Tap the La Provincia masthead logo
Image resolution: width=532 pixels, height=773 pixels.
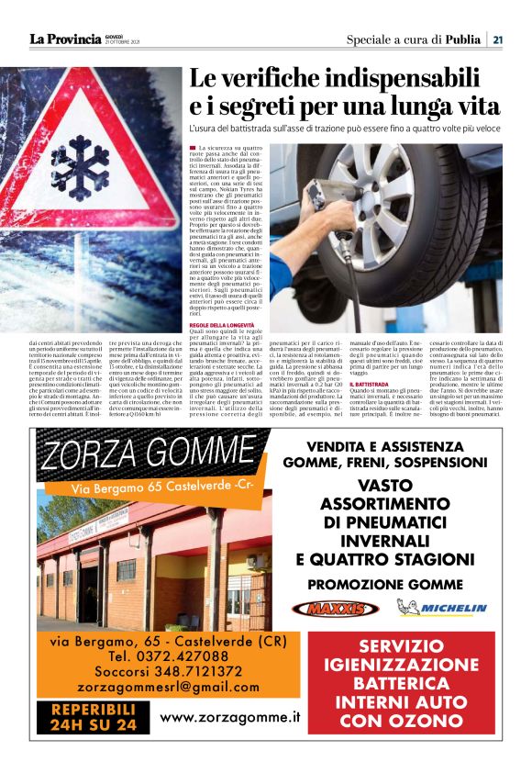65,39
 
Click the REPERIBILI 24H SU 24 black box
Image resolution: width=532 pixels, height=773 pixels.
94,716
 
